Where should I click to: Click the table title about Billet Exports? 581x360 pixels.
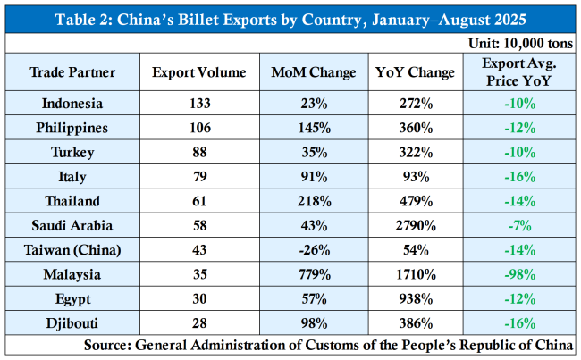pos(290,17)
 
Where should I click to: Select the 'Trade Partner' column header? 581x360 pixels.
pos(72,71)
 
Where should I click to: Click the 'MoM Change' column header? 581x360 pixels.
pos(314,71)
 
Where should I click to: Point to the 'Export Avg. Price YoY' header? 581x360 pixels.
pos(520,71)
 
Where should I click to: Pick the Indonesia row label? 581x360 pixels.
pos(72,104)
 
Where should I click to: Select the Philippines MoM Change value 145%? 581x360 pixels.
pos(314,128)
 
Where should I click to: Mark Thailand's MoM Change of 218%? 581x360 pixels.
pos(314,200)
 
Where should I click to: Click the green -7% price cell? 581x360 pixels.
pos(520,224)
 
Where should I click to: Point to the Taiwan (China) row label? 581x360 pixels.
pos(72,248)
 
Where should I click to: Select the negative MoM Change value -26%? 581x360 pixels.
pos(314,248)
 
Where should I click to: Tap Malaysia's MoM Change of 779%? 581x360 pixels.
pos(314,272)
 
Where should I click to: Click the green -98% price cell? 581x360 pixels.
pos(520,272)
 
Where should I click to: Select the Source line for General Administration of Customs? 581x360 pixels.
pos(329,344)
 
